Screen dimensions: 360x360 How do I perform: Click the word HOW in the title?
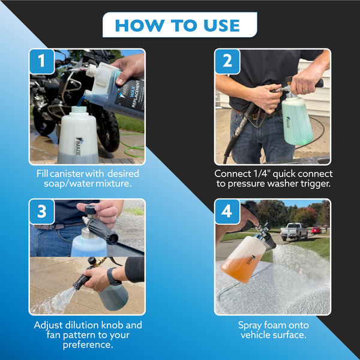point(140,25)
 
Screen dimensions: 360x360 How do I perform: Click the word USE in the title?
point(221,25)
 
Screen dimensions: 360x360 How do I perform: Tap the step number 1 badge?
point(41,61)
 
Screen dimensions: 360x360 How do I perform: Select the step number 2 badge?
point(227,61)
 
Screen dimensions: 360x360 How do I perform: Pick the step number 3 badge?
point(41,211)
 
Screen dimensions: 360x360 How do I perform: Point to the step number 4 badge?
point(227,211)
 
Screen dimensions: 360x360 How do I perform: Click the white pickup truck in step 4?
point(294,231)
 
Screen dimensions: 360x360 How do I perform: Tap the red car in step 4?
point(316,230)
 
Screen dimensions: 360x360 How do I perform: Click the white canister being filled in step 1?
point(78,135)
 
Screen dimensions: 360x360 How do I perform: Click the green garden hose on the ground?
point(133,147)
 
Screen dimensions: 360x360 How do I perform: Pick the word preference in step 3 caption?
point(88,345)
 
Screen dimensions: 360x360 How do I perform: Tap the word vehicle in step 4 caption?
point(256,335)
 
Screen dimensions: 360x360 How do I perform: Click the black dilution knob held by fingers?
point(91,209)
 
